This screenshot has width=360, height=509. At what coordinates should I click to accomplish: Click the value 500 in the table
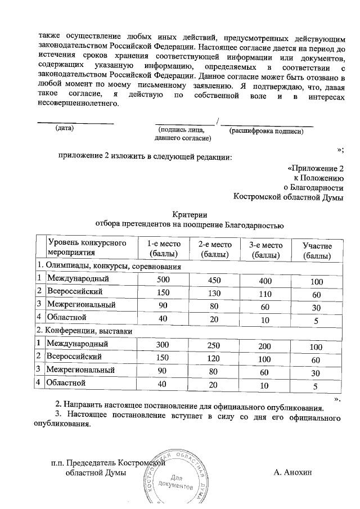click(163, 279)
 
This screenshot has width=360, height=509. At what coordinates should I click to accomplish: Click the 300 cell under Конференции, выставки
click(163, 344)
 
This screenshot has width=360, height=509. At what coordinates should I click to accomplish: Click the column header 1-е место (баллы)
click(163, 250)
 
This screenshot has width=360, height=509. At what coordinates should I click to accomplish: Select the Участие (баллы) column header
click(317, 250)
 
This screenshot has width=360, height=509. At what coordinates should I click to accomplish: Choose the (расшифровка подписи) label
click(267, 131)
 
